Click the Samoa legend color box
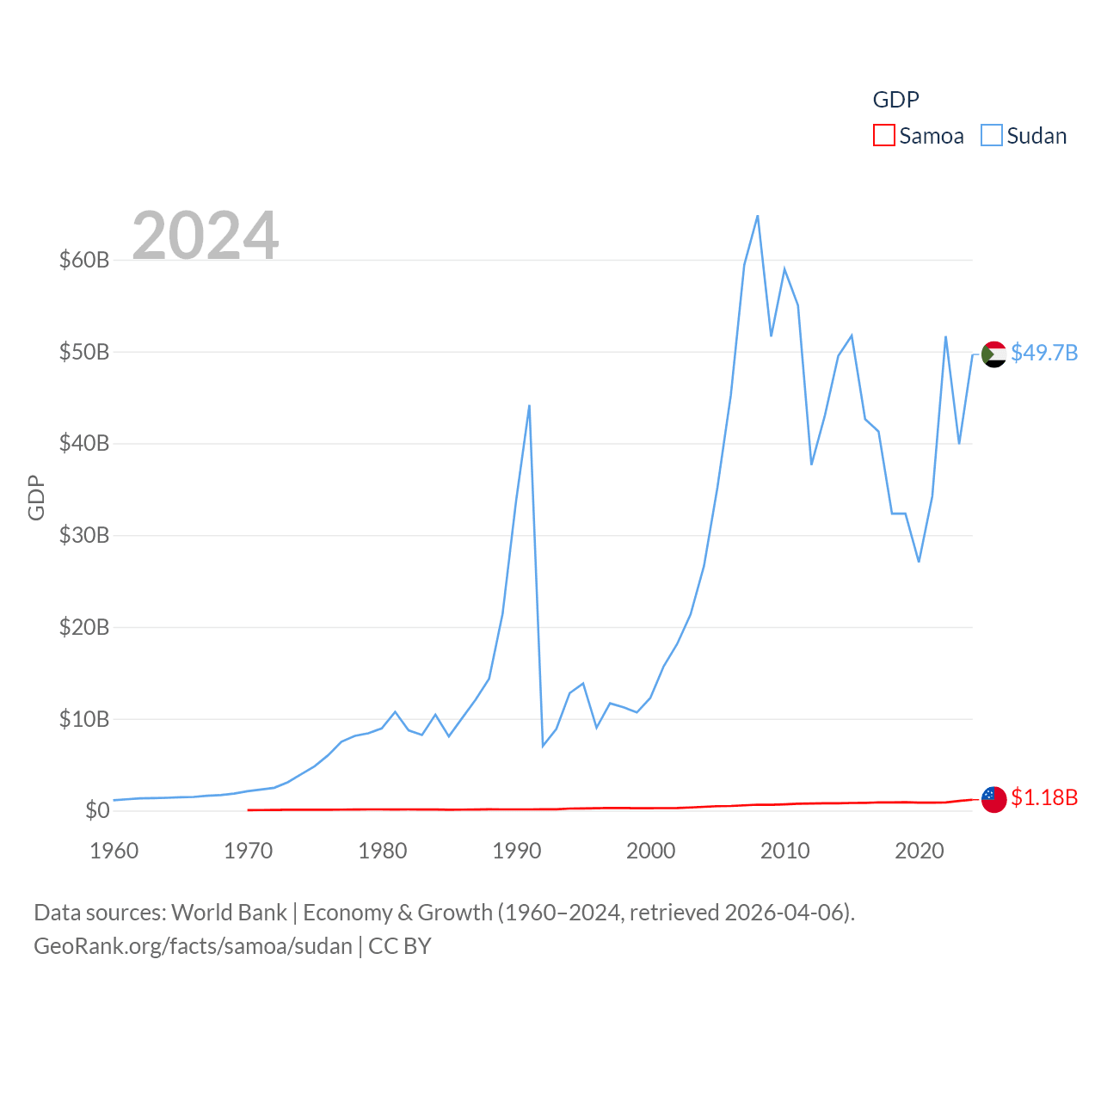[884, 136]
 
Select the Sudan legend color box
[992, 136]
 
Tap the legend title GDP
[895, 100]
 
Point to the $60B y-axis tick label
[84, 260]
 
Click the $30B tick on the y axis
[84, 535]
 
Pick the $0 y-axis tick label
[97, 810]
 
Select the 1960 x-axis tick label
[114, 851]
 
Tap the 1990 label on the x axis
[517, 851]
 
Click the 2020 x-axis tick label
[920, 851]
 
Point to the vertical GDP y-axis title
[36, 497]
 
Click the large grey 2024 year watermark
[206, 235]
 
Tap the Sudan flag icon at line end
[993, 354]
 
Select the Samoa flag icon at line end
[993, 799]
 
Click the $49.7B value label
[1044, 353]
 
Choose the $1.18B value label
[1044, 797]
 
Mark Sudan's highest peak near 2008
[758, 216]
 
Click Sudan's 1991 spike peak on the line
[529, 405]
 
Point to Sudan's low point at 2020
[919, 562]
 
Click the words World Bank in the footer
[229, 912]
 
